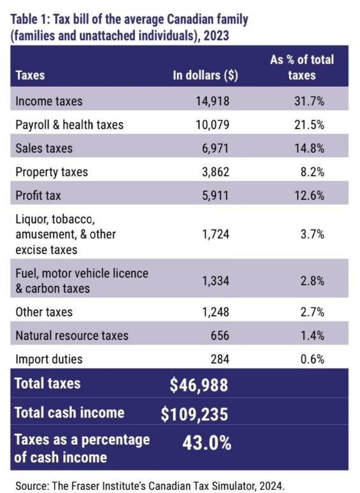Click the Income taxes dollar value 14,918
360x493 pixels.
pyautogui.click(x=213, y=101)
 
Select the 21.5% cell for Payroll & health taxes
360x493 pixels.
pyautogui.click(x=310, y=125)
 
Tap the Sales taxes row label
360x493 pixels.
pyautogui.click(x=44, y=148)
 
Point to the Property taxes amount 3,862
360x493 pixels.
pyautogui.click(x=215, y=172)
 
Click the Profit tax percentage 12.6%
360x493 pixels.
pyautogui.click(x=310, y=196)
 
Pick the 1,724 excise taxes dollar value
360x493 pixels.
pyautogui.click(x=215, y=234)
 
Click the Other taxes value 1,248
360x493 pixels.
pyautogui.click(x=215, y=312)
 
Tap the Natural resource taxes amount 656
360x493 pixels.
pyautogui.click(x=220, y=336)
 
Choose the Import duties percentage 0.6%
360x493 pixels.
pyautogui.click(x=312, y=359)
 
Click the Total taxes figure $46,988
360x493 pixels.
pyautogui.click(x=199, y=385)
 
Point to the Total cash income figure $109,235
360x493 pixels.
pyautogui.click(x=194, y=414)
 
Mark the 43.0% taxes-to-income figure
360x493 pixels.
pyautogui.click(x=207, y=443)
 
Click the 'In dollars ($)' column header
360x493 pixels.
pyautogui.click(x=205, y=75)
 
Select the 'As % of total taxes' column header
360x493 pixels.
pyautogui.click(x=302, y=68)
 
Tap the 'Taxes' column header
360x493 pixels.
pyautogui.click(x=30, y=75)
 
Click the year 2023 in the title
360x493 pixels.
pyautogui.click(x=216, y=36)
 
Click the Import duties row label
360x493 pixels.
pyautogui.click(x=48, y=359)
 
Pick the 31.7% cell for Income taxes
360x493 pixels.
pyautogui.click(x=310, y=101)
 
